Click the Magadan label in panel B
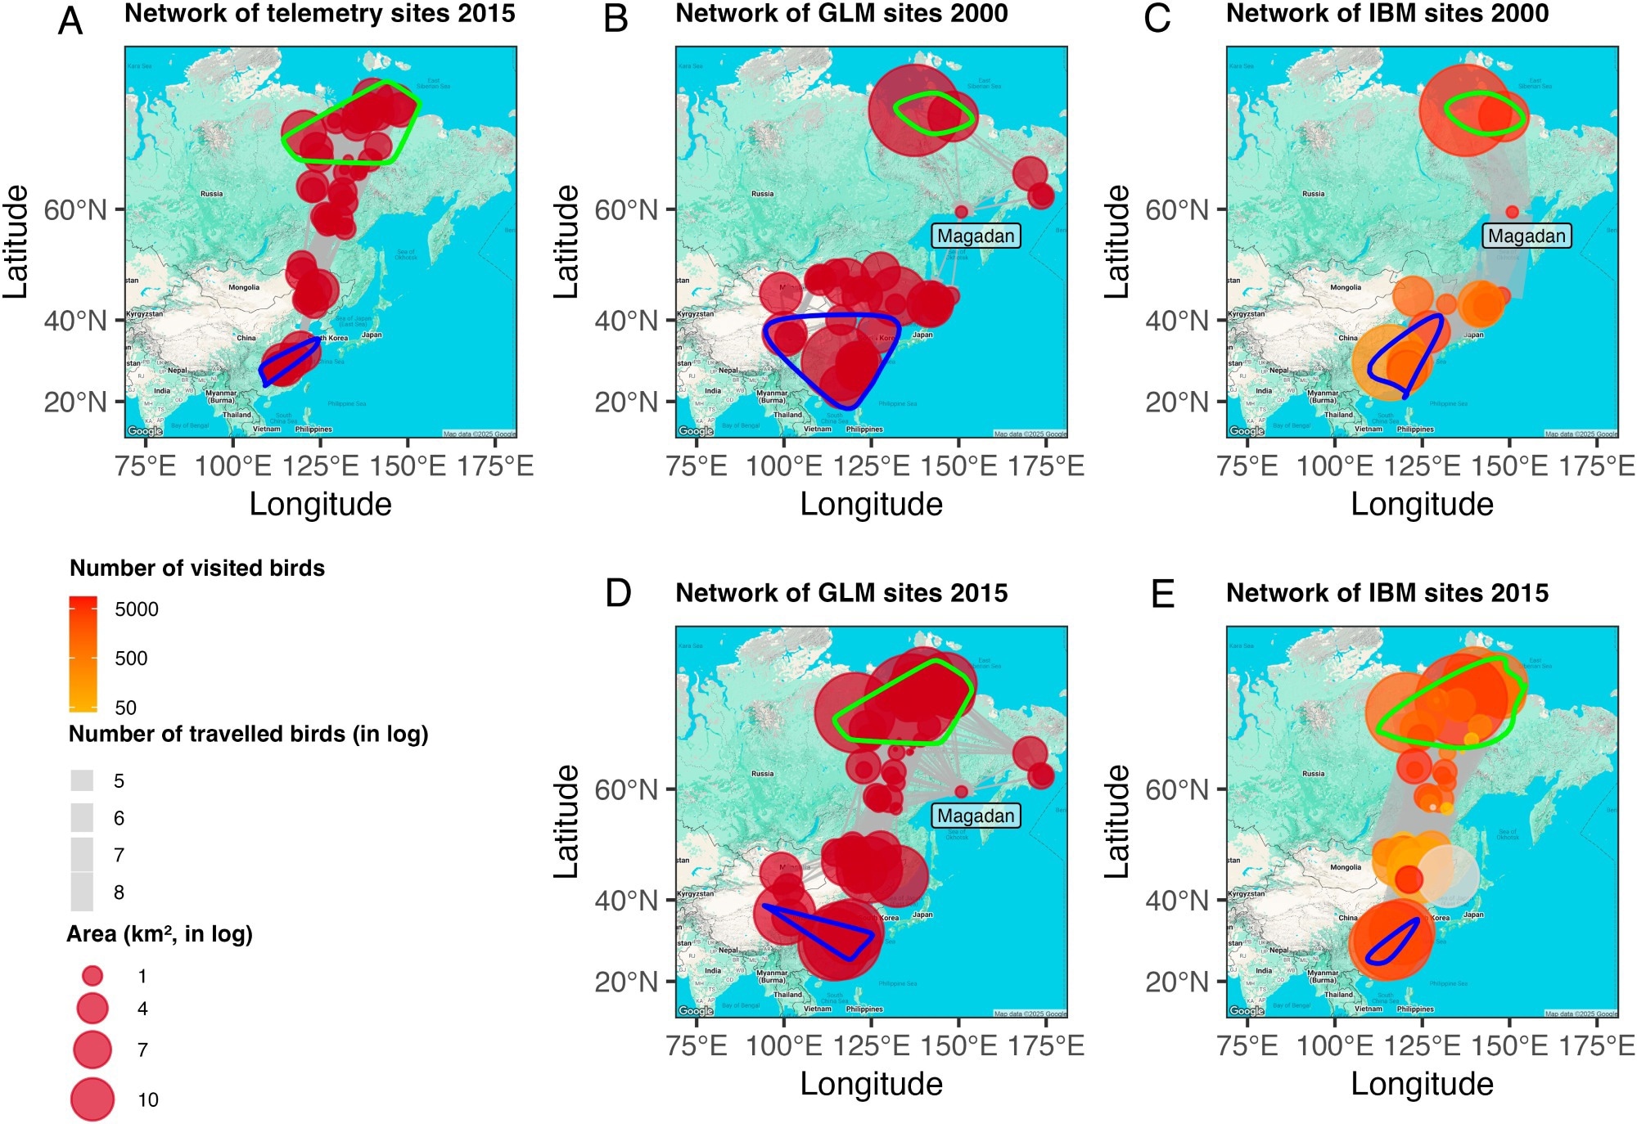click(976, 236)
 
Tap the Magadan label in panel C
click(1527, 236)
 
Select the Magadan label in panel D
click(976, 816)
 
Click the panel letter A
click(70, 20)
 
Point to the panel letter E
click(1162, 594)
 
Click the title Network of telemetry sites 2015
click(320, 14)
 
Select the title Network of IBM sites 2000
click(1387, 14)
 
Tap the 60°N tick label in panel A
click(75, 210)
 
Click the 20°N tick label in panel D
click(626, 982)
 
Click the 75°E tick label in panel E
click(1247, 1045)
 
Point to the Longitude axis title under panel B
click(871, 504)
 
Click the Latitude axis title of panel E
click(1116, 821)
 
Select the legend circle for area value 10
click(92, 1099)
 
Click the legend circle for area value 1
click(92, 975)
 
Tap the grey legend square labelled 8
click(82, 892)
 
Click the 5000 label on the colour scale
click(137, 609)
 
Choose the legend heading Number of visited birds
click(197, 569)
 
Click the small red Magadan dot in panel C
click(1512, 212)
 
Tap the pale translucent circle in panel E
click(1449, 875)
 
